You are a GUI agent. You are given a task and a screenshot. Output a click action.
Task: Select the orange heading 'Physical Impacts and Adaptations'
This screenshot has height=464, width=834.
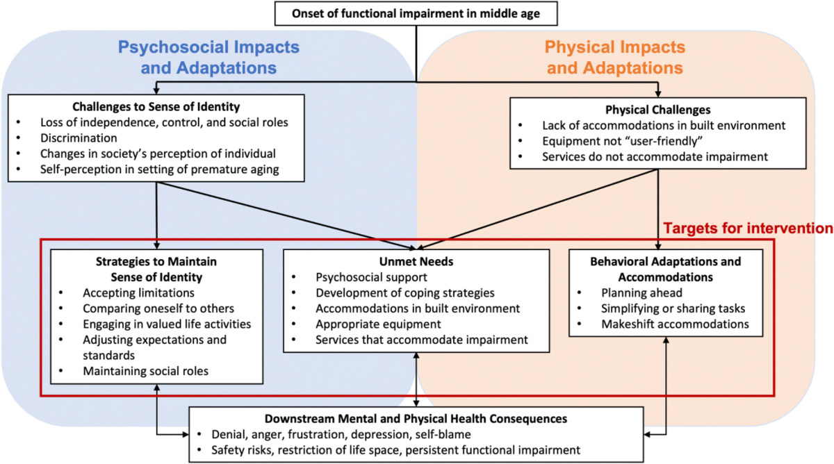[614, 58]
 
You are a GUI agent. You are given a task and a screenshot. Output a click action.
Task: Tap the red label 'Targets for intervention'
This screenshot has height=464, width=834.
[747, 227]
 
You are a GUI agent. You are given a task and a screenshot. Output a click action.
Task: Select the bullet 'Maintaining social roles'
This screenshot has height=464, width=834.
[145, 371]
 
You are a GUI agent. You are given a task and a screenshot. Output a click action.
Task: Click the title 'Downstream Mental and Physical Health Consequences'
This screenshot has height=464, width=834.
[416, 419]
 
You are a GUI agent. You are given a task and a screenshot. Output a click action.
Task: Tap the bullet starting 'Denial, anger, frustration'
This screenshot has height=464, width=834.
[341, 435]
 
